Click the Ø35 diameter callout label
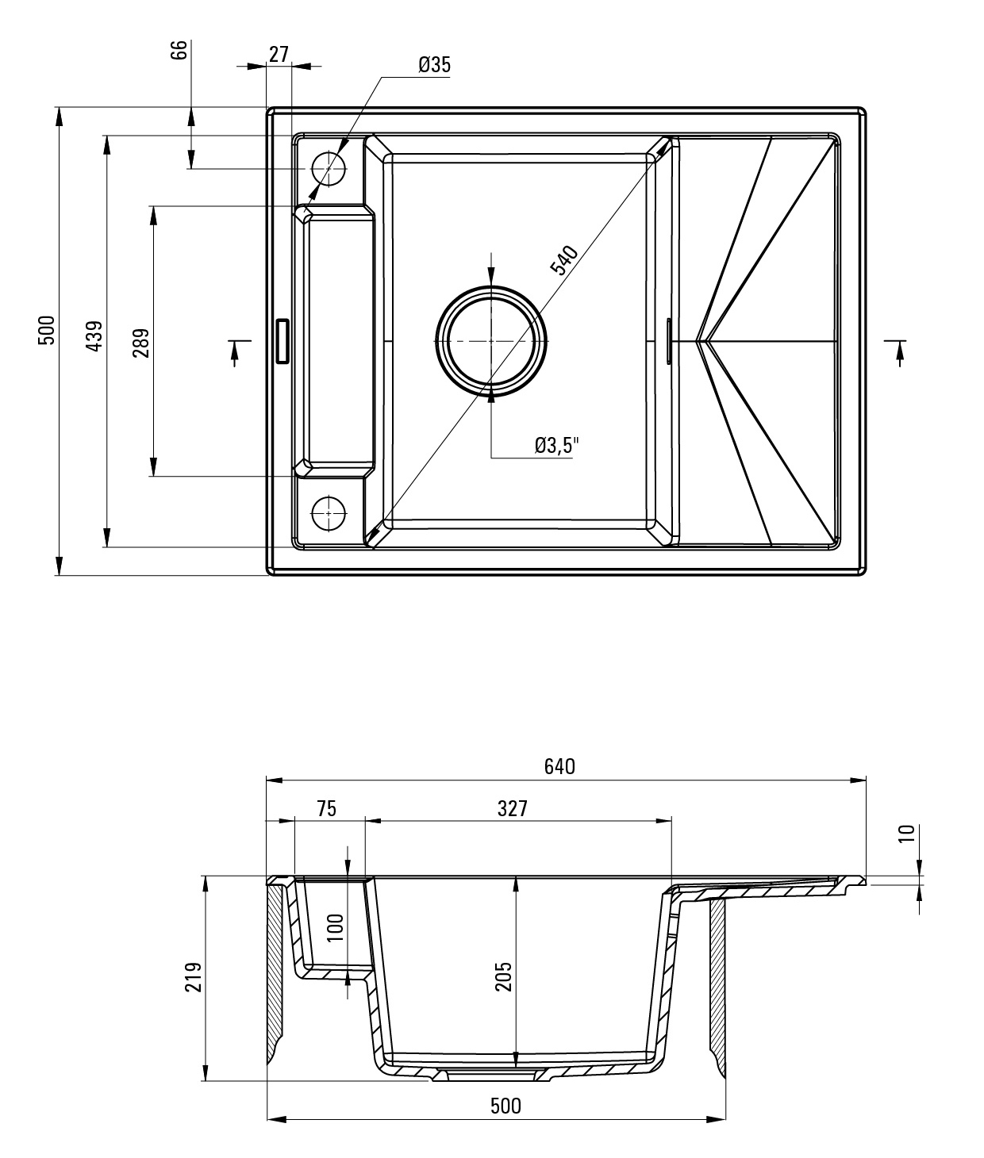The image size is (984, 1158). (x=434, y=65)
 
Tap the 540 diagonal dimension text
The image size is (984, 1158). (x=564, y=260)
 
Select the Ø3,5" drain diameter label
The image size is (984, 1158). (x=556, y=446)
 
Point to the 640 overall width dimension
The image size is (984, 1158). (x=559, y=766)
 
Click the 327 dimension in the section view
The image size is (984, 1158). (x=513, y=808)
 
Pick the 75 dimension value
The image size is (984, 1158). (x=326, y=808)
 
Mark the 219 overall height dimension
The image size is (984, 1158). (x=194, y=977)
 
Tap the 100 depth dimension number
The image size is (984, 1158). (x=336, y=928)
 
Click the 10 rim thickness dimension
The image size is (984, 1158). (x=906, y=833)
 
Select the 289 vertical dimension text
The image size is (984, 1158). (x=141, y=343)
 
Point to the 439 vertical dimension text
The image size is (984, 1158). (x=94, y=336)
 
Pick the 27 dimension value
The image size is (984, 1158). (x=279, y=55)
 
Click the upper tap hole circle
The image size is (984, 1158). (x=329, y=169)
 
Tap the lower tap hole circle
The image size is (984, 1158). (x=329, y=512)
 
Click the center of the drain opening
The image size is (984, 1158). (x=491, y=341)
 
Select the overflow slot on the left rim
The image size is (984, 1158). (x=281, y=341)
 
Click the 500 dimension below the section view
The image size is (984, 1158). (x=505, y=1106)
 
